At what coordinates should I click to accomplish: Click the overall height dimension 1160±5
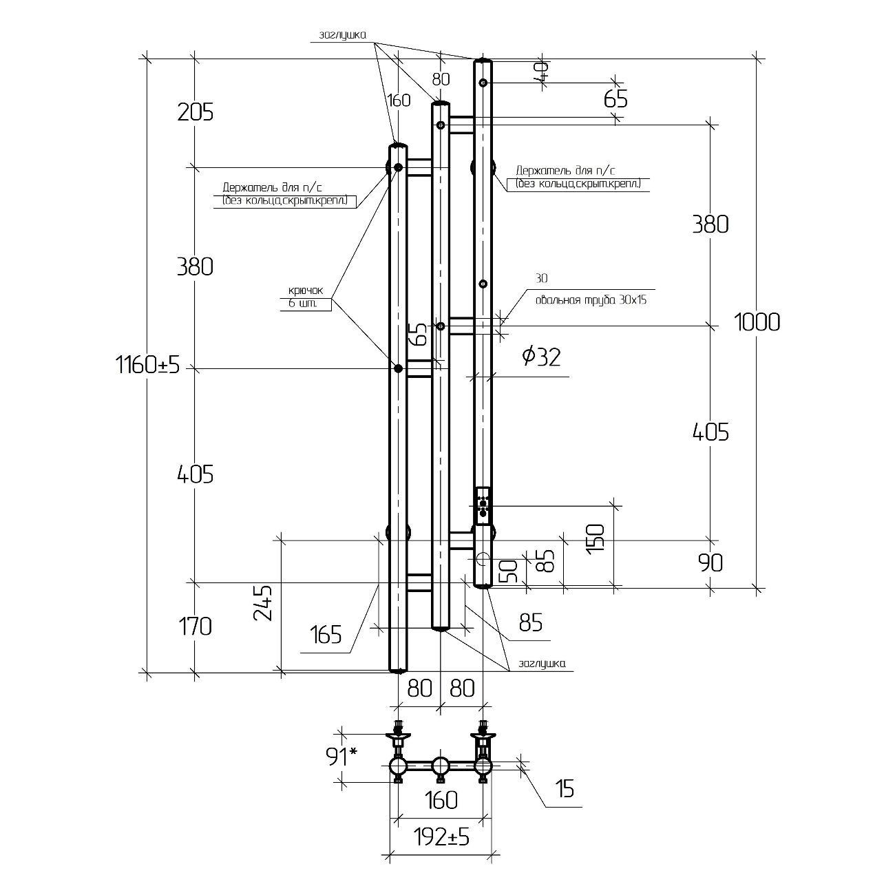coord(147,364)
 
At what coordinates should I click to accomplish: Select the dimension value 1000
coord(757,322)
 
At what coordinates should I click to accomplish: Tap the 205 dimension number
coord(196,112)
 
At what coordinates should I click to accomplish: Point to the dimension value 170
coord(196,626)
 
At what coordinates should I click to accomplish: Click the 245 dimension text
coord(264,603)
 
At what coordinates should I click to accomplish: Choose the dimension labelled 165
coord(325,634)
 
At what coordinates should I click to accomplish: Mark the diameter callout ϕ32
coord(541,357)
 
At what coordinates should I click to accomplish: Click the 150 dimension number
coord(596,538)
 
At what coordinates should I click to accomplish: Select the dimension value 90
coord(710,563)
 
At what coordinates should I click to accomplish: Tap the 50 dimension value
coord(508,571)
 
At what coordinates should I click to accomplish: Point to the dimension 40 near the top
coord(541,71)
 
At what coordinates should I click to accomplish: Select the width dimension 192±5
coord(441,837)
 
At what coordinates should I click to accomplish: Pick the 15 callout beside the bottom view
coord(565,789)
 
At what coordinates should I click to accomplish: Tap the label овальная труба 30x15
coord(591,300)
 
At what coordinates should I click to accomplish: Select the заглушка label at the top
coord(342,35)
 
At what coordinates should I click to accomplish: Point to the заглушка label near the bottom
coord(542,664)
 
